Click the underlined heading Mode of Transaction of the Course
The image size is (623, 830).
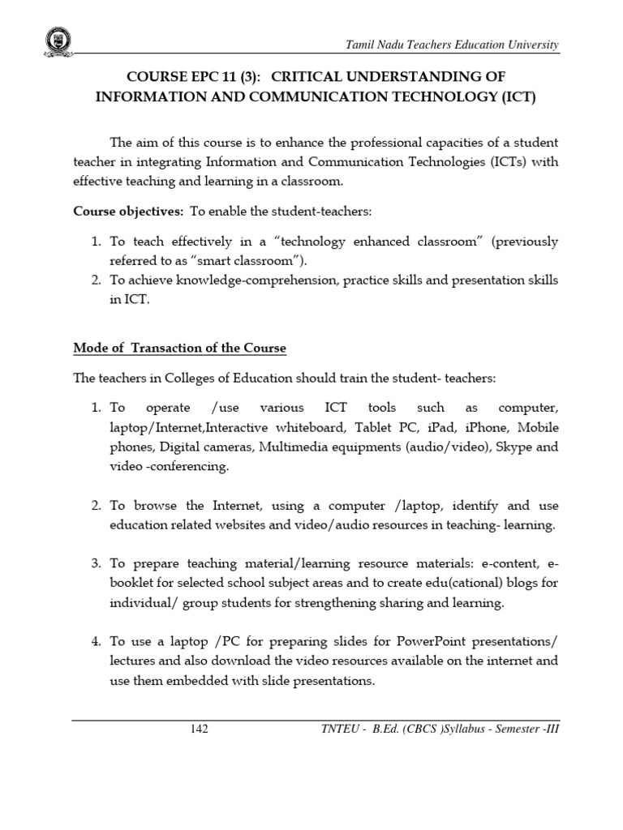(179, 349)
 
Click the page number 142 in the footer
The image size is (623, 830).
(199, 729)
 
